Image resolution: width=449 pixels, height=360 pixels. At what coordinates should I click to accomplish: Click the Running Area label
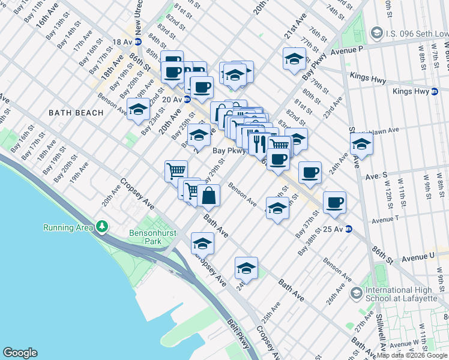click(x=68, y=227)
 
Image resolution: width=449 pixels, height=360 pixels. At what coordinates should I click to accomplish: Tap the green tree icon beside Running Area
click(x=103, y=227)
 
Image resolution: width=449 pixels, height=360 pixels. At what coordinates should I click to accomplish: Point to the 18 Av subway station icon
click(x=137, y=42)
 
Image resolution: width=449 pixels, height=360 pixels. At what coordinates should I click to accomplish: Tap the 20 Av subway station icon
click(x=187, y=100)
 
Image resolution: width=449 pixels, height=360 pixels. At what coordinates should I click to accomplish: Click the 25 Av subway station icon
click(x=348, y=229)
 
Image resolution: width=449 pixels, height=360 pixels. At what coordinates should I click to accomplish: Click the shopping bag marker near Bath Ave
click(x=209, y=195)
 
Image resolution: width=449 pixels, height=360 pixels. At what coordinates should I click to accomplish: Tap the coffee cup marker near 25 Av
click(x=334, y=202)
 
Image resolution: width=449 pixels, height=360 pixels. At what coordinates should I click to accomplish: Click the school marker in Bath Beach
click(x=138, y=109)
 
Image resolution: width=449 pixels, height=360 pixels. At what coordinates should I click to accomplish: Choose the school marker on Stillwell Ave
click(x=361, y=144)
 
